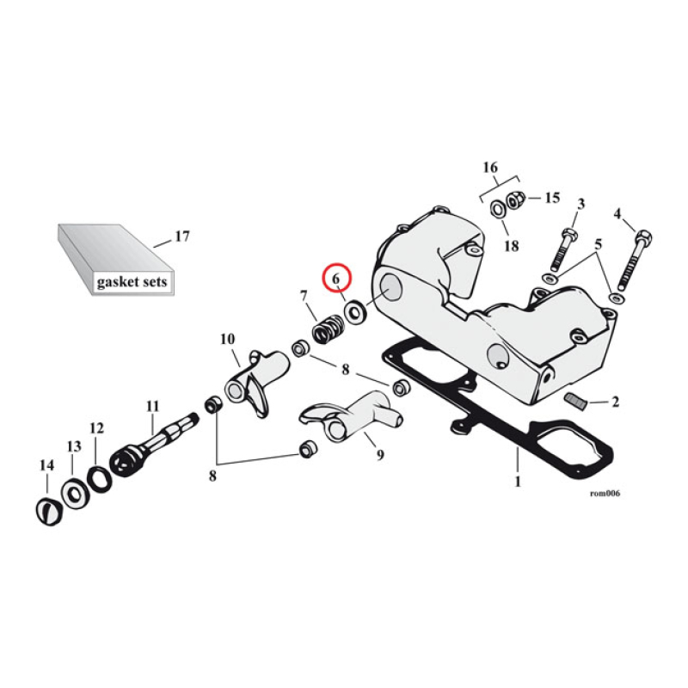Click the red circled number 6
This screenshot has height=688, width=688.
[x=336, y=279]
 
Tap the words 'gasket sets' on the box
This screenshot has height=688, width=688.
[x=132, y=281]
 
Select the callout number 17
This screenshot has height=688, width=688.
[x=181, y=236]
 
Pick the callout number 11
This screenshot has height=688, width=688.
[x=152, y=405]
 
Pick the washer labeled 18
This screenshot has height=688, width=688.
[x=499, y=209]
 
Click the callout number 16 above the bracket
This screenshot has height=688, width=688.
[x=490, y=166]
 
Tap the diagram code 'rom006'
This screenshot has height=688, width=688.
[x=605, y=494]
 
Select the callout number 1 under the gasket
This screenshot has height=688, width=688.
[x=518, y=482]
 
